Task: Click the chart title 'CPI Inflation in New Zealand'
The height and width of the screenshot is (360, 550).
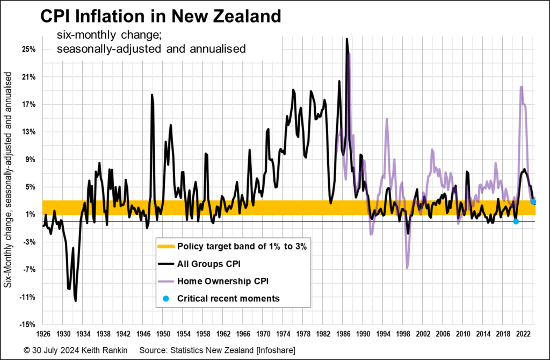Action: pyautogui.click(x=161, y=16)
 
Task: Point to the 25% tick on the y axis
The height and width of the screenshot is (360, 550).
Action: pyautogui.click(x=28, y=49)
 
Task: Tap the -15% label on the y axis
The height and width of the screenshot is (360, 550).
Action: pyautogui.click(x=27, y=325)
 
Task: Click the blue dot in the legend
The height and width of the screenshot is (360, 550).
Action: pyautogui.click(x=165, y=298)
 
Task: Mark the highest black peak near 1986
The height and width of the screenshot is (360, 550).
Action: pyautogui.click(x=347, y=39)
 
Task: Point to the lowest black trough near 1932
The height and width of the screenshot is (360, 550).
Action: pyautogui.click(x=75, y=300)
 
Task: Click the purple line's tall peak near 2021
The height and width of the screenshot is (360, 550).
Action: pyautogui.click(x=521, y=87)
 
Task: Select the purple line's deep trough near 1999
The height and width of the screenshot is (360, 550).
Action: pyautogui.click(x=407, y=268)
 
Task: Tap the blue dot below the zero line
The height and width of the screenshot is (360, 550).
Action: pyautogui.click(x=516, y=221)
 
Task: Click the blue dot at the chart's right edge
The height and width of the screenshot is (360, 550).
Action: pyautogui.click(x=533, y=201)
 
